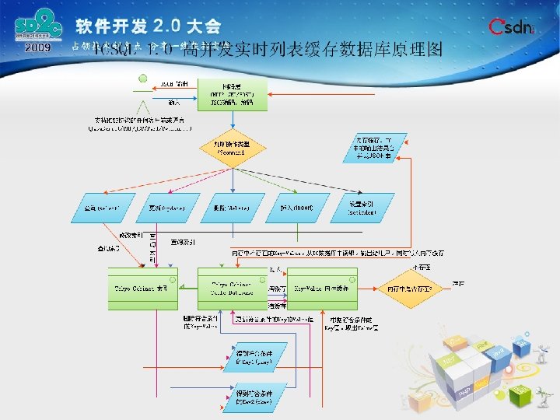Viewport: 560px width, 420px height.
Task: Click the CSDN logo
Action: (x=512, y=28)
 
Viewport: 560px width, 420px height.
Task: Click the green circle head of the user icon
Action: (x=143, y=78)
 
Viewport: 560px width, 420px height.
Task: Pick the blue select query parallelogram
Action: (x=108, y=208)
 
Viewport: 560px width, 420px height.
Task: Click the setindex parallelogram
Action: (x=364, y=208)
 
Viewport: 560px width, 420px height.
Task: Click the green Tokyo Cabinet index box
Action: (x=142, y=287)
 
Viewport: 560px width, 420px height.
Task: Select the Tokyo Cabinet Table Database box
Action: (x=231, y=287)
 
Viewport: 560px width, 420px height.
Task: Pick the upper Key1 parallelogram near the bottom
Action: (x=254, y=357)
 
